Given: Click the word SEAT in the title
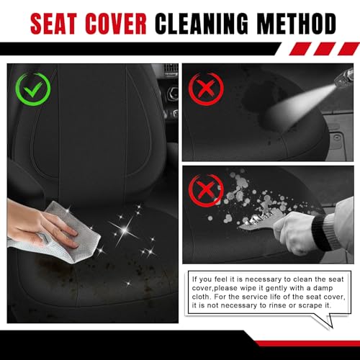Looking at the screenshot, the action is click(53, 24).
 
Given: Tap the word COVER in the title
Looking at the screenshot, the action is click(116, 24).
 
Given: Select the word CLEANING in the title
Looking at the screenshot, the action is click(201, 24).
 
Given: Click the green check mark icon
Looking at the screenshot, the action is click(33, 89).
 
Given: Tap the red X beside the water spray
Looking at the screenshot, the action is click(206, 89).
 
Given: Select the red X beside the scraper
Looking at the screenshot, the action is click(206, 191).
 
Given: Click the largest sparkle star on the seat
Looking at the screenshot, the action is click(125, 230).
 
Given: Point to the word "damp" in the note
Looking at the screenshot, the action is click(323, 288).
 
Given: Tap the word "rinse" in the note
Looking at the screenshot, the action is click(276, 305).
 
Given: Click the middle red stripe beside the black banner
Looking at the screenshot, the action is click(325, 49).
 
